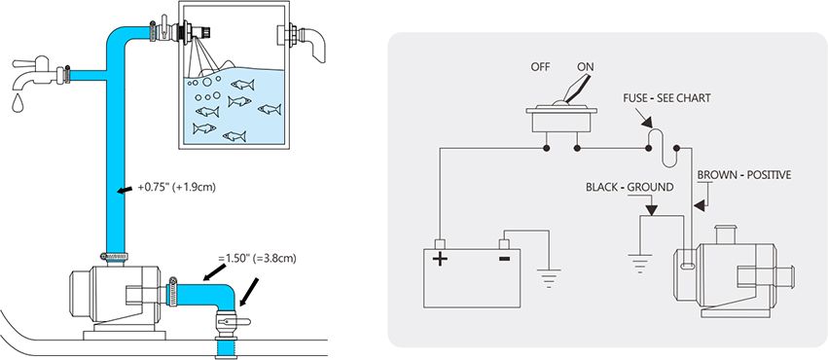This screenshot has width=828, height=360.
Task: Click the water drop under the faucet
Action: coord(18,103)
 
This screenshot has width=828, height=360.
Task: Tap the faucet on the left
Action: coord(34,72)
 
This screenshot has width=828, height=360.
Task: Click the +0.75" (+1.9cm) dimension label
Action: coord(176,188)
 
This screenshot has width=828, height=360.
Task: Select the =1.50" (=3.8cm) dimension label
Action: coord(257,259)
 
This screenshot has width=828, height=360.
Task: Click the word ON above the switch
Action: coord(586,67)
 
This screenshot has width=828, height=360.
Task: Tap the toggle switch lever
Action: coord(576,89)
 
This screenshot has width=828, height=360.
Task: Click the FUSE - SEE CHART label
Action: coord(666,98)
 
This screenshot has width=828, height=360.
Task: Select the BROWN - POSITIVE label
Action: coord(744,175)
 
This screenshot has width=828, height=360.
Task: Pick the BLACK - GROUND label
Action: coord(630,188)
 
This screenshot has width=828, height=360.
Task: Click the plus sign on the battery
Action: coord(440,259)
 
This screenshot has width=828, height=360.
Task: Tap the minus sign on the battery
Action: coord(504,259)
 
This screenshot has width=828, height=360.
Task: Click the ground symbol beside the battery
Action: coord(549,278)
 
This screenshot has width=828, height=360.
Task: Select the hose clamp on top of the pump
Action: coord(113,257)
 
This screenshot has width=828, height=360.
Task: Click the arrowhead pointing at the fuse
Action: coord(646,123)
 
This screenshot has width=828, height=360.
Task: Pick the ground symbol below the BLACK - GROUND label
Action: coord(640,263)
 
